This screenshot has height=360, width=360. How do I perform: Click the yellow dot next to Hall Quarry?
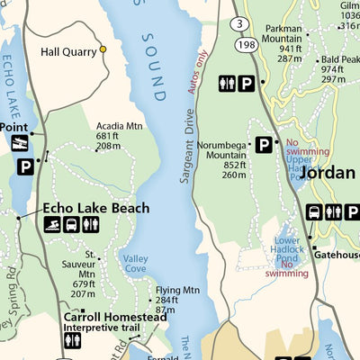point(103,49)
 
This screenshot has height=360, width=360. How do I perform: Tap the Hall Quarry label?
point(68,51)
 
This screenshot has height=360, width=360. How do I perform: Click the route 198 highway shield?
point(243,42)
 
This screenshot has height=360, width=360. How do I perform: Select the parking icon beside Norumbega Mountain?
point(265,144)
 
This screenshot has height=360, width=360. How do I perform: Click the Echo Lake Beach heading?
point(96,208)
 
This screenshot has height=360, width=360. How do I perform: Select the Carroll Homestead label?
point(115,318)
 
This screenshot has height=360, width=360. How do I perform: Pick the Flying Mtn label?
point(177,290)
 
